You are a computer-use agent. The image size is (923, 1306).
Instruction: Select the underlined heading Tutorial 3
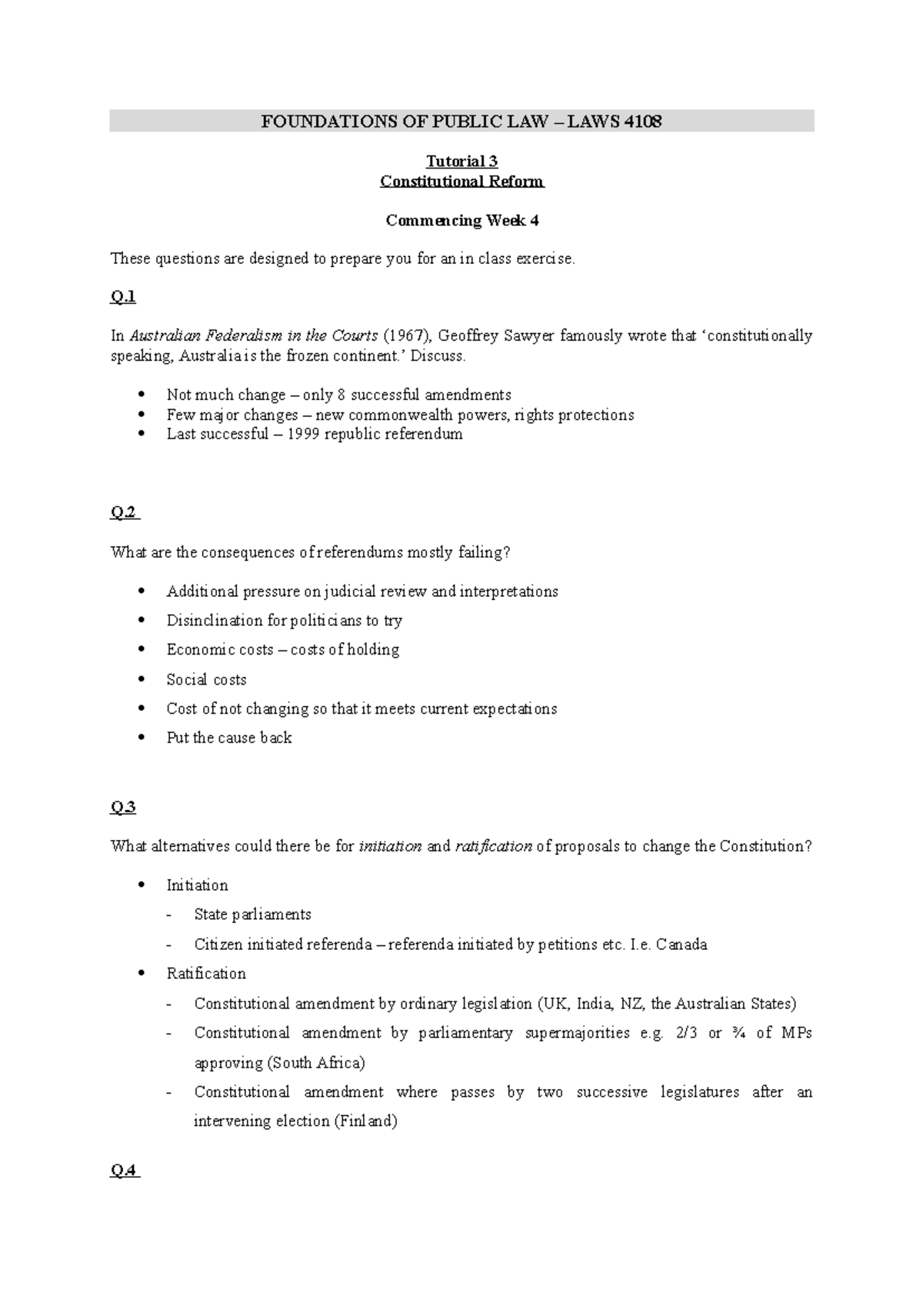tap(461, 162)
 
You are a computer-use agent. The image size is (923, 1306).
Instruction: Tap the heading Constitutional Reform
tap(461, 182)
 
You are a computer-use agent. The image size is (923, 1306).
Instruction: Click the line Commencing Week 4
tap(461, 221)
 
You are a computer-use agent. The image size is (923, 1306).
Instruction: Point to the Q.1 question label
tap(123, 297)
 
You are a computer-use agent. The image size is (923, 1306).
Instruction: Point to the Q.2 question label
tap(124, 513)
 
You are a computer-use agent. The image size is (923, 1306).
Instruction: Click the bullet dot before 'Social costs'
tap(140, 680)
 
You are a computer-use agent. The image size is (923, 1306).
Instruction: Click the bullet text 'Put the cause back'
tap(228, 738)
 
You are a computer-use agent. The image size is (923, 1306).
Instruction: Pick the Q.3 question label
tap(123, 808)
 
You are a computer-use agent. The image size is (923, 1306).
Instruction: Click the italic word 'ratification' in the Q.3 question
tap(493, 847)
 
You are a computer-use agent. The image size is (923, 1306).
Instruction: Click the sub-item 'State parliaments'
tap(252, 915)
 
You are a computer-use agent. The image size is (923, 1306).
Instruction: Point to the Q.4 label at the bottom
tap(124, 1171)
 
